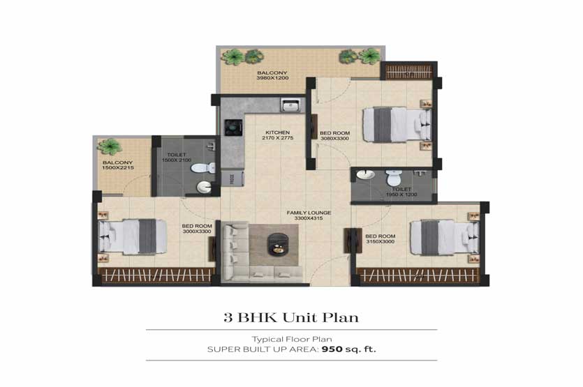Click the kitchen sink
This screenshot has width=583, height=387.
[291, 105]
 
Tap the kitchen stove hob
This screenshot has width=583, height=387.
[233, 128]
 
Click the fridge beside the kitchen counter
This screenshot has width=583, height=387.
[233, 178]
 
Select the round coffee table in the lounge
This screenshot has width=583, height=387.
[278, 244]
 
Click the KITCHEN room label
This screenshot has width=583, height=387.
[278, 132]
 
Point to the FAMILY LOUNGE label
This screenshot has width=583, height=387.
[309, 213]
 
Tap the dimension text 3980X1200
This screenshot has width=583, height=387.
[272, 78]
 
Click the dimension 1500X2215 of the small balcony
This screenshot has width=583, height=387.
[118, 168]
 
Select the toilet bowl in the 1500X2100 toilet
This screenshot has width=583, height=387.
[203, 168]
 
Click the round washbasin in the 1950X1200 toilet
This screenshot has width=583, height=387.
[366, 174]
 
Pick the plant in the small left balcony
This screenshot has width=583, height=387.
[110, 146]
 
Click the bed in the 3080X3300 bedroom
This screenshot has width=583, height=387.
[397, 124]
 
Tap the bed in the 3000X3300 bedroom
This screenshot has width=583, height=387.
[133, 237]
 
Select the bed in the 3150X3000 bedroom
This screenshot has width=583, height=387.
[444, 238]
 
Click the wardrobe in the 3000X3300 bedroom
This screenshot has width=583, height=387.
[156, 275]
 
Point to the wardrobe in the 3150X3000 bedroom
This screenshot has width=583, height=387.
[418, 276]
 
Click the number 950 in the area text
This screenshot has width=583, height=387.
[332, 349]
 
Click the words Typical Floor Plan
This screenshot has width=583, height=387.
[292, 339]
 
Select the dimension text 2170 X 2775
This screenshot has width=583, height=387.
[278, 138]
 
